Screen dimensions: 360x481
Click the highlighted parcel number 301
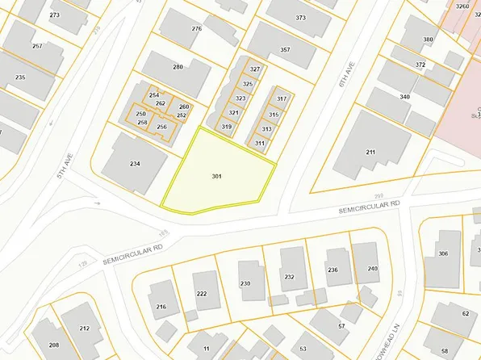[216, 175]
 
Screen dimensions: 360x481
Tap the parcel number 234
[135, 164]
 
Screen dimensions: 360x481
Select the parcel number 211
[370, 152]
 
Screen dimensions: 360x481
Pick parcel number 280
[178, 67]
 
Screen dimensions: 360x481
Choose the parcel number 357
[285, 50]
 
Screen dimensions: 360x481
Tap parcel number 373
[301, 17]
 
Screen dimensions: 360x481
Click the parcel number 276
[196, 29]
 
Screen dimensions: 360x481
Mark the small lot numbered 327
[255, 69]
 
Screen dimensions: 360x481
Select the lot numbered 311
[260, 143]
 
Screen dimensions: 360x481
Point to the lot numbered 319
[227, 127]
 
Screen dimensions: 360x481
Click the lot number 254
[153, 95]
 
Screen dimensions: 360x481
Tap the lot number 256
[161, 127]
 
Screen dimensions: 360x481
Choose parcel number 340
[404, 97]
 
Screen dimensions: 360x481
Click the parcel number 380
[428, 40]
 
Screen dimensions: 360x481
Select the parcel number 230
[246, 283]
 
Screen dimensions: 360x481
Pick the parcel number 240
[372, 268]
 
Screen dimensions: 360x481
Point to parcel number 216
[161, 307]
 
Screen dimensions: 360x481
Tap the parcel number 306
[443, 253]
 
